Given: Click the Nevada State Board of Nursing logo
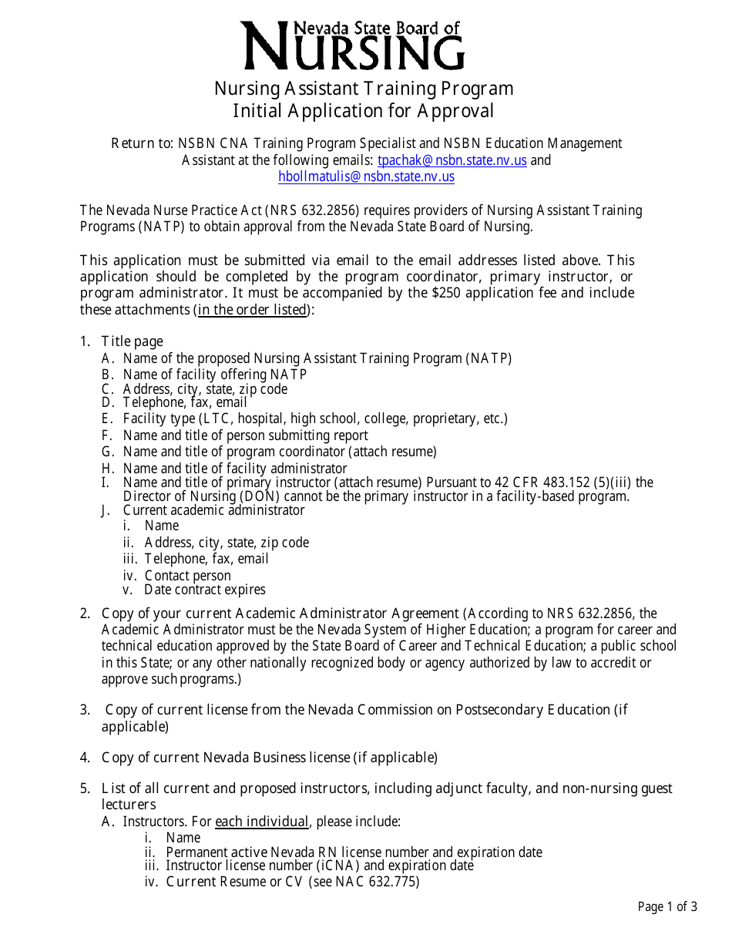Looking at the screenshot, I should pos(354,45).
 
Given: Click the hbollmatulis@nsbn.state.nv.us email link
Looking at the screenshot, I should pos(366,176).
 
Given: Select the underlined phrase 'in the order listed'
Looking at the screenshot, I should pos(253,310).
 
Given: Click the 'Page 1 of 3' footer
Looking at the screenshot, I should pos(667,906).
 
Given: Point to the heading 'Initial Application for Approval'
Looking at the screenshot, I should pos(364,111).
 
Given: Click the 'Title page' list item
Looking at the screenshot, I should pos(132,341).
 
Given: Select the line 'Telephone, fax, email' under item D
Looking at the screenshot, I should pos(185,402).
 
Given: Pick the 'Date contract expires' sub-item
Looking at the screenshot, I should pos(204,590).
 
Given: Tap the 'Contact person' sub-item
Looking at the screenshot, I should pos(187,576).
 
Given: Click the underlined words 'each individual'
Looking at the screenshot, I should pos(262,822).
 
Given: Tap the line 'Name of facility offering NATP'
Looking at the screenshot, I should pos(214,375).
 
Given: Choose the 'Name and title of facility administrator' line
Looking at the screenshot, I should pos(235,469).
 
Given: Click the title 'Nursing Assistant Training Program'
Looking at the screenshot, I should pos(364,89).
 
